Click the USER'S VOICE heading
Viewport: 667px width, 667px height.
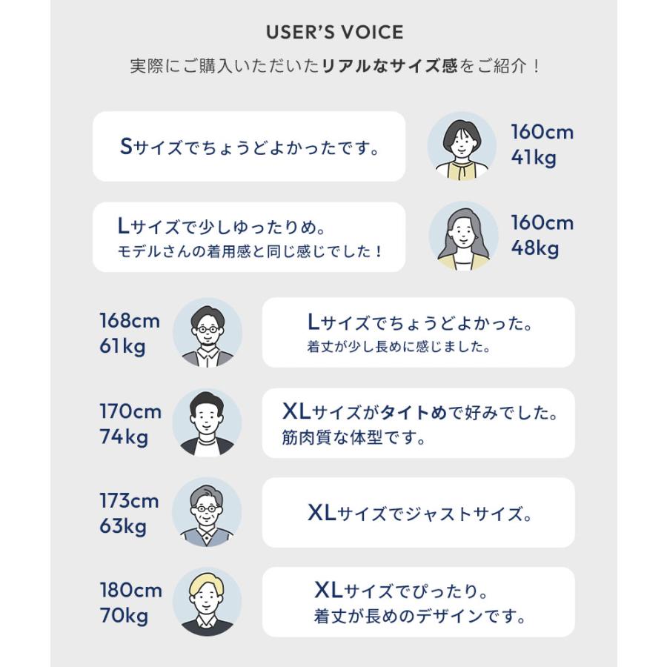click(335, 33)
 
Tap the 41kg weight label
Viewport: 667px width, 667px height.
click(534, 158)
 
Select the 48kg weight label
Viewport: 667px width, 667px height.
click(534, 248)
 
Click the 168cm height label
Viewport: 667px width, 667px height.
click(130, 321)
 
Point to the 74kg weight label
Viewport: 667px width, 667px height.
click(124, 437)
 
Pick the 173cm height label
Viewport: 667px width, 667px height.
click(129, 501)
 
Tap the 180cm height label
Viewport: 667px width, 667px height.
click(131, 591)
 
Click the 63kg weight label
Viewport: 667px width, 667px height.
click(123, 527)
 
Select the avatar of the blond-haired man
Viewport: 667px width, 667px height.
click(208, 602)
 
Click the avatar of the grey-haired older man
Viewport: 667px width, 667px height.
click(208, 512)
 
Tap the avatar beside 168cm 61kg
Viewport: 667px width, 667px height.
click(208, 333)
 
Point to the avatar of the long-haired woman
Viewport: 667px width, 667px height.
click(463, 236)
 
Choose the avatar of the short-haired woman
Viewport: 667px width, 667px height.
click(462, 146)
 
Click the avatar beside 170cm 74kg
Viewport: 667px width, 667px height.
click(208, 423)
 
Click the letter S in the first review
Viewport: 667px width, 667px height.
click(126, 147)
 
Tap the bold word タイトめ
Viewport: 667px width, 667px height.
click(413, 413)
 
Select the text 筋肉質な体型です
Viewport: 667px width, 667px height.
click(353, 437)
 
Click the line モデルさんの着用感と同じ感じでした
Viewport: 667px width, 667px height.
click(249, 251)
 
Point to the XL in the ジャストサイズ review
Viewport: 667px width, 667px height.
click(322, 513)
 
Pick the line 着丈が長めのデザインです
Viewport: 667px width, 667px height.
click(419, 616)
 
